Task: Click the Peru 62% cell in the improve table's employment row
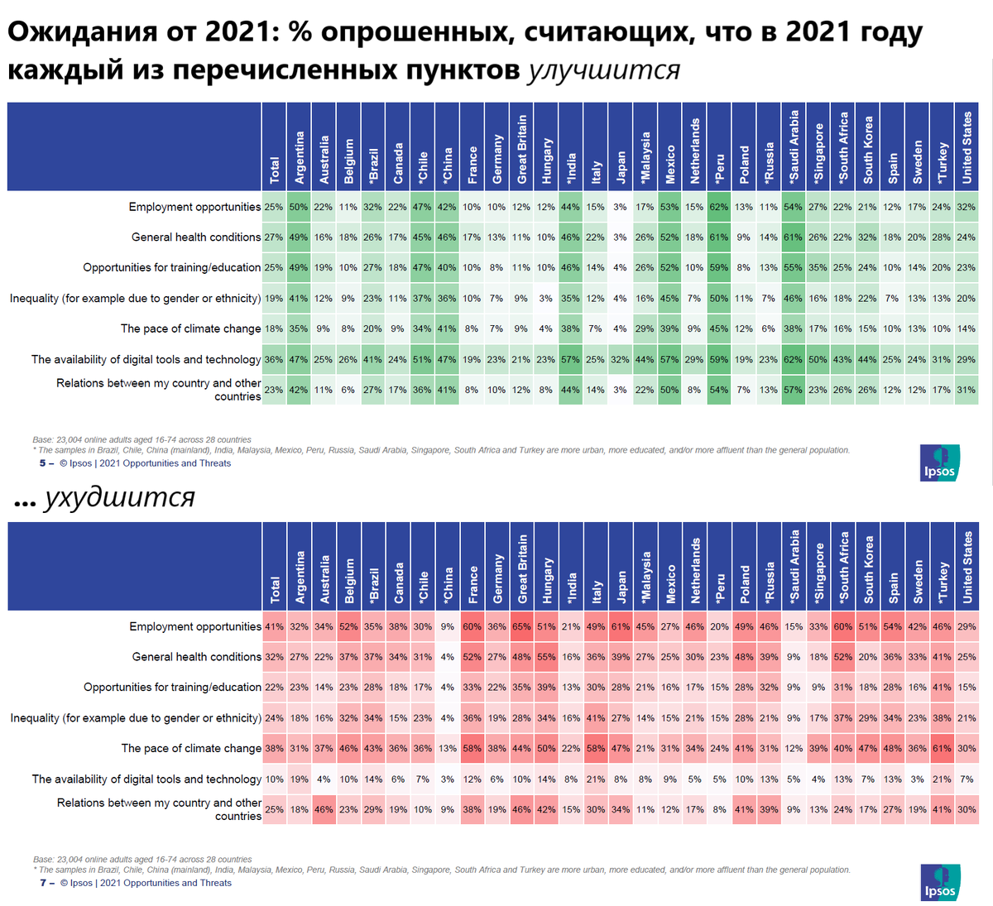pyautogui.click(x=718, y=207)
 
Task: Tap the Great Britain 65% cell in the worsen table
pyautogui.click(x=521, y=626)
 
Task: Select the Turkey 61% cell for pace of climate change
pyautogui.click(x=942, y=748)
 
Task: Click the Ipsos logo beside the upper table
pyautogui.click(x=940, y=463)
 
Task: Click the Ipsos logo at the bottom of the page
pyautogui.click(x=940, y=883)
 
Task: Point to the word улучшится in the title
pyautogui.click(x=603, y=70)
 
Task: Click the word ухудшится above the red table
pyautogui.click(x=119, y=496)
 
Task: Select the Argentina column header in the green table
pyautogui.click(x=300, y=157)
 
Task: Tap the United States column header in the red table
pyautogui.click(x=967, y=567)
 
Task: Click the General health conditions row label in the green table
pyautogui.click(x=195, y=237)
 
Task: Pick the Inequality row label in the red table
pyautogui.click(x=136, y=718)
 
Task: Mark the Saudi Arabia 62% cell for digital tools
pyautogui.click(x=793, y=359)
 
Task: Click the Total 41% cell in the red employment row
pyautogui.click(x=274, y=626)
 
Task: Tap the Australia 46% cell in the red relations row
pyautogui.click(x=324, y=809)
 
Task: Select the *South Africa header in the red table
pyautogui.click(x=843, y=567)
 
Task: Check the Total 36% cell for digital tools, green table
pyautogui.click(x=274, y=359)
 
